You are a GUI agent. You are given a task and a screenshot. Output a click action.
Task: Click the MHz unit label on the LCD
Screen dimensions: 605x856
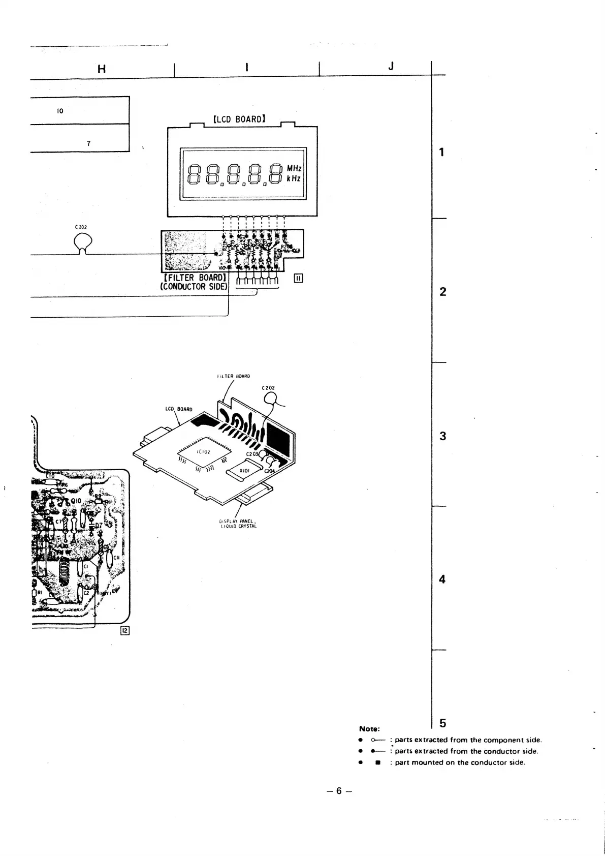pyautogui.click(x=294, y=168)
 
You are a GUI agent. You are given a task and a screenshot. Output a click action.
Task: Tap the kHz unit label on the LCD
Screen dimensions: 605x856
pyautogui.click(x=294, y=178)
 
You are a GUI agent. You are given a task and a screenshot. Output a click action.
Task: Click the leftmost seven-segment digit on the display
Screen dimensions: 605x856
pyautogui.click(x=195, y=173)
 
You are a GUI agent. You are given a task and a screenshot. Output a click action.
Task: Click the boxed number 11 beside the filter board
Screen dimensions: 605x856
pyautogui.click(x=299, y=278)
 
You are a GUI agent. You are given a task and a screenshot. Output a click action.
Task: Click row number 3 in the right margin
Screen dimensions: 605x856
pyautogui.click(x=442, y=436)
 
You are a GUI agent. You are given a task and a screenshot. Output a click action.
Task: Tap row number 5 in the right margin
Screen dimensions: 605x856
pyautogui.click(x=443, y=723)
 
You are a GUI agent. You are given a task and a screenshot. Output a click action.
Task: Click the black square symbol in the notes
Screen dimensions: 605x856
pyautogui.click(x=377, y=762)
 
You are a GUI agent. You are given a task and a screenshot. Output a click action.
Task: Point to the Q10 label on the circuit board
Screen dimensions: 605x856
pyautogui.click(x=76, y=501)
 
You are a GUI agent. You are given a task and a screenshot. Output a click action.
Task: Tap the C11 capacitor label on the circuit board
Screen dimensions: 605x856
pyautogui.click(x=116, y=558)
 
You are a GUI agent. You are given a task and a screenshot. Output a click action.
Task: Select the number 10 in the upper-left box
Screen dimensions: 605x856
pyautogui.click(x=60, y=111)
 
